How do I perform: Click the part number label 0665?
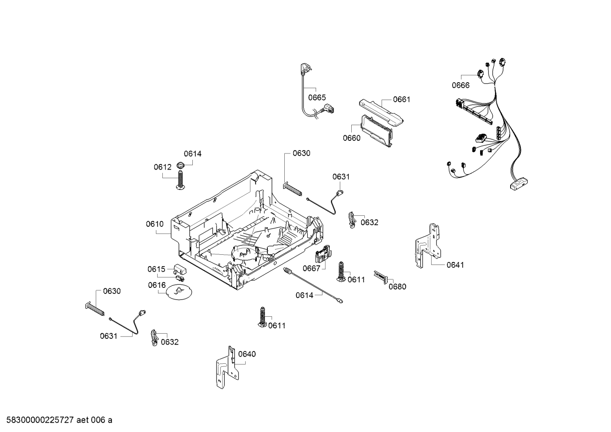point(317,98)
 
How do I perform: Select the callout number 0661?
point(401,100)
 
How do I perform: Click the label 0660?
point(351,138)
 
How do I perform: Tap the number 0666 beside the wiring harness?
point(460,85)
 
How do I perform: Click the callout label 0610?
point(155,224)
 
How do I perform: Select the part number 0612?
point(162,167)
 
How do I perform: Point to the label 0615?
point(156,269)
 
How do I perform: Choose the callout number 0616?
point(156,285)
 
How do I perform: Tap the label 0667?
point(311,268)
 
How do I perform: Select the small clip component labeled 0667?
point(323,256)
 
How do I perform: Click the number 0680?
point(397,287)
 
